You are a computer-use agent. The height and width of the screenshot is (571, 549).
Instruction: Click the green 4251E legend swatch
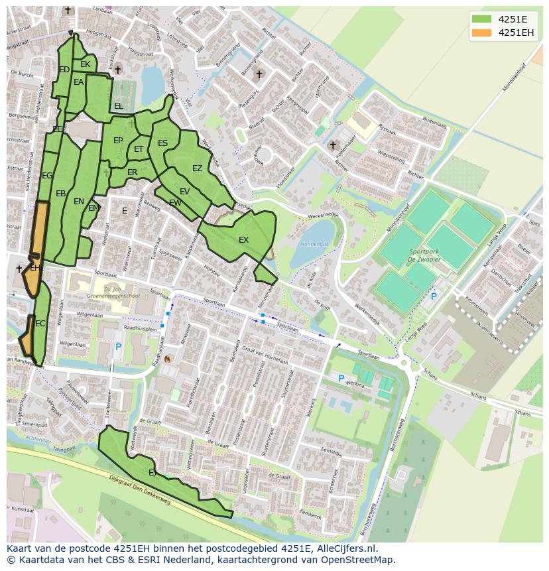coord(481,19)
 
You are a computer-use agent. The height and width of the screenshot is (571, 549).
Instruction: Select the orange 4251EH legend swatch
coord(481,32)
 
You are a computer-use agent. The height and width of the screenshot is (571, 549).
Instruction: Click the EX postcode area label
coord(243,240)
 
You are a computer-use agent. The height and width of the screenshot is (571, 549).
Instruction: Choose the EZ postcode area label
coord(197,168)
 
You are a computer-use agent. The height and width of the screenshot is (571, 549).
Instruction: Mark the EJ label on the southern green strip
coord(152,473)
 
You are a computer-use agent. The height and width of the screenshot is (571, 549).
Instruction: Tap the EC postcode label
coord(40,324)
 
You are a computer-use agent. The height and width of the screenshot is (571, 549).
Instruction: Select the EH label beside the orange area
coord(35,269)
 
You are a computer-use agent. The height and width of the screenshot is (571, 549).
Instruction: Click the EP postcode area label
coord(118,141)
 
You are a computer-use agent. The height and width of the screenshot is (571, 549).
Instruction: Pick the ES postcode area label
coord(162,143)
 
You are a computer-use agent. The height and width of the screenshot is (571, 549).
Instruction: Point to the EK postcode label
coord(85,64)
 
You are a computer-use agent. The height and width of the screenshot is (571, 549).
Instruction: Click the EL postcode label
coord(118,106)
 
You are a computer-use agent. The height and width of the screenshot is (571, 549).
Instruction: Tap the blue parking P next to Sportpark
coord(434,296)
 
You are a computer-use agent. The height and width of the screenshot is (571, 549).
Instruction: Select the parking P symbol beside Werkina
coord(341,378)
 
